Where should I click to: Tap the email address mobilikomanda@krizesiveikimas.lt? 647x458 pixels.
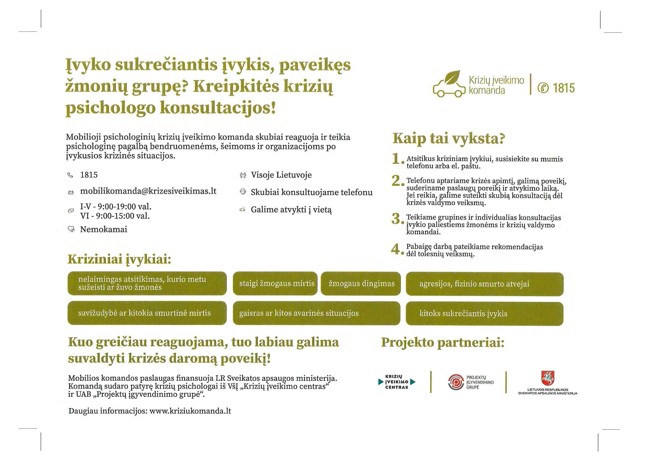(148, 191)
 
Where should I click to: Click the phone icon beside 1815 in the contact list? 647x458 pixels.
(70, 175)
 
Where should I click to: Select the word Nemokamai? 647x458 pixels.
(103, 229)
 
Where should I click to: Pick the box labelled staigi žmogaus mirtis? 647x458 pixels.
(275, 283)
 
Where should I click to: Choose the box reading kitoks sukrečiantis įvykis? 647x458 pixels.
(484, 314)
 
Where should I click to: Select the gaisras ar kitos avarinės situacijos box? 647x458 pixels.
(316, 313)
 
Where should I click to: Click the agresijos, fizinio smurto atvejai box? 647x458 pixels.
(484, 284)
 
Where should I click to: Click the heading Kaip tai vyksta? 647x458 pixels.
(449, 139)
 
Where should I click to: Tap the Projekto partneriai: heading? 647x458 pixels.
(442, 342)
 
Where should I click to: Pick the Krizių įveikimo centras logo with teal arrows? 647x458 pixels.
(397, 382)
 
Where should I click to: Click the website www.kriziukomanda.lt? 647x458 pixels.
(190, 411)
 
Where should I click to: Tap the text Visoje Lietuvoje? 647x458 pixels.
(281, 175)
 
